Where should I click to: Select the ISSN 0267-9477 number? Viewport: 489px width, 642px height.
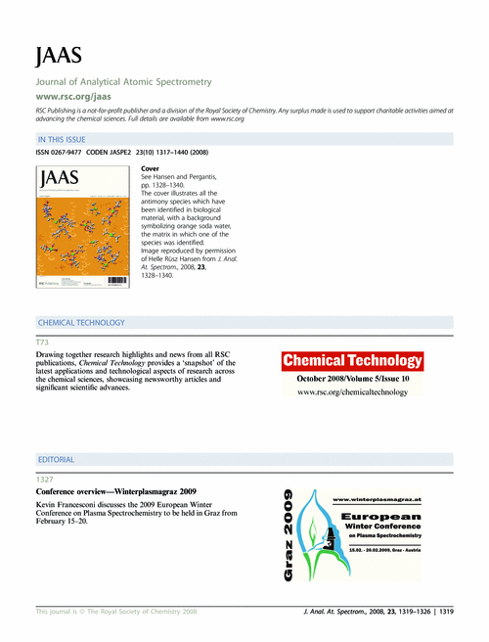click(61, 154)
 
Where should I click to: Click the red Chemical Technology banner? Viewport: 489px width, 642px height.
click(352, 361)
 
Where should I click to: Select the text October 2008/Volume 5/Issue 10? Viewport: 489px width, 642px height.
click(352, 378)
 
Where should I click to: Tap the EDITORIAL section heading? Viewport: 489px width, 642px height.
click(55, 459)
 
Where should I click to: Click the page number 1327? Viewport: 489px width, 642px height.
click(44, 479)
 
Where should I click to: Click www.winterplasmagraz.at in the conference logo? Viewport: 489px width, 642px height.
click(378, 499)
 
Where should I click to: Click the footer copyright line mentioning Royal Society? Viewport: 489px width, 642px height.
click(116, 611)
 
